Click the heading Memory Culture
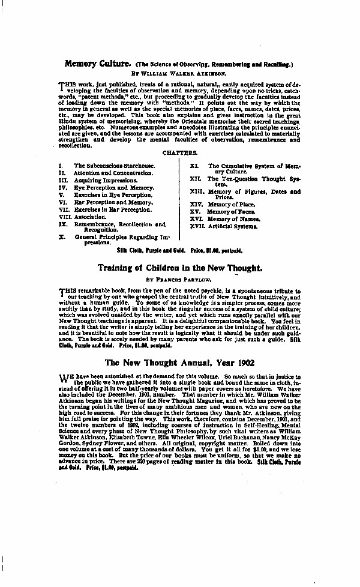point(98,62)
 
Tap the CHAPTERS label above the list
point(179,154)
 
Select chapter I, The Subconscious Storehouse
point(114,166)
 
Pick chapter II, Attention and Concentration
point(113,173)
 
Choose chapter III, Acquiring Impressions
point(105,180)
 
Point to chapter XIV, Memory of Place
point(231,205)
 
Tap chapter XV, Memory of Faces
point(231,212)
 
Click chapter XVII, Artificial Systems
point(236,226)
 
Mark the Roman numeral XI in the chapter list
point(194,165)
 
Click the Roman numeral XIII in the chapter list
point(196,192)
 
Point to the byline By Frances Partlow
point(180,280)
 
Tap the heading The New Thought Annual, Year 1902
point(180,363)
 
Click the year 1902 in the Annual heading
point(242,363)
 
